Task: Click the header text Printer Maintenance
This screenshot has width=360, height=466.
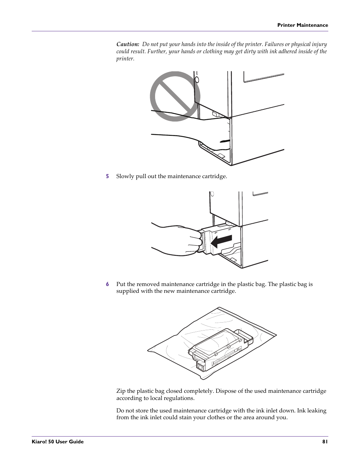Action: click(303, 25)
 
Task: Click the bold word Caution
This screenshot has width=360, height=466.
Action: click(128, 45)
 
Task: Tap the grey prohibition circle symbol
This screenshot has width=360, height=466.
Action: click(174, 96)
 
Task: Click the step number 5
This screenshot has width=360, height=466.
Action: click(107, 176)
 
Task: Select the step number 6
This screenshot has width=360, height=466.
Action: click(107, 284)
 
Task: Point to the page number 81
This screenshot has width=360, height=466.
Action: click(325, 441)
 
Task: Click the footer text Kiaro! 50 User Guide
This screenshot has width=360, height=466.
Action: click(57, 441)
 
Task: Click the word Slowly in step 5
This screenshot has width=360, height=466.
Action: click(125, 176)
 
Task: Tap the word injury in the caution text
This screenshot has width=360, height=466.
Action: click(319, 45)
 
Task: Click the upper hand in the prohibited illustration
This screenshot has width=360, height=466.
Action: click(177, 115)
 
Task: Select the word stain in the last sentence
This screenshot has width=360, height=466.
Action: click(185, 417)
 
